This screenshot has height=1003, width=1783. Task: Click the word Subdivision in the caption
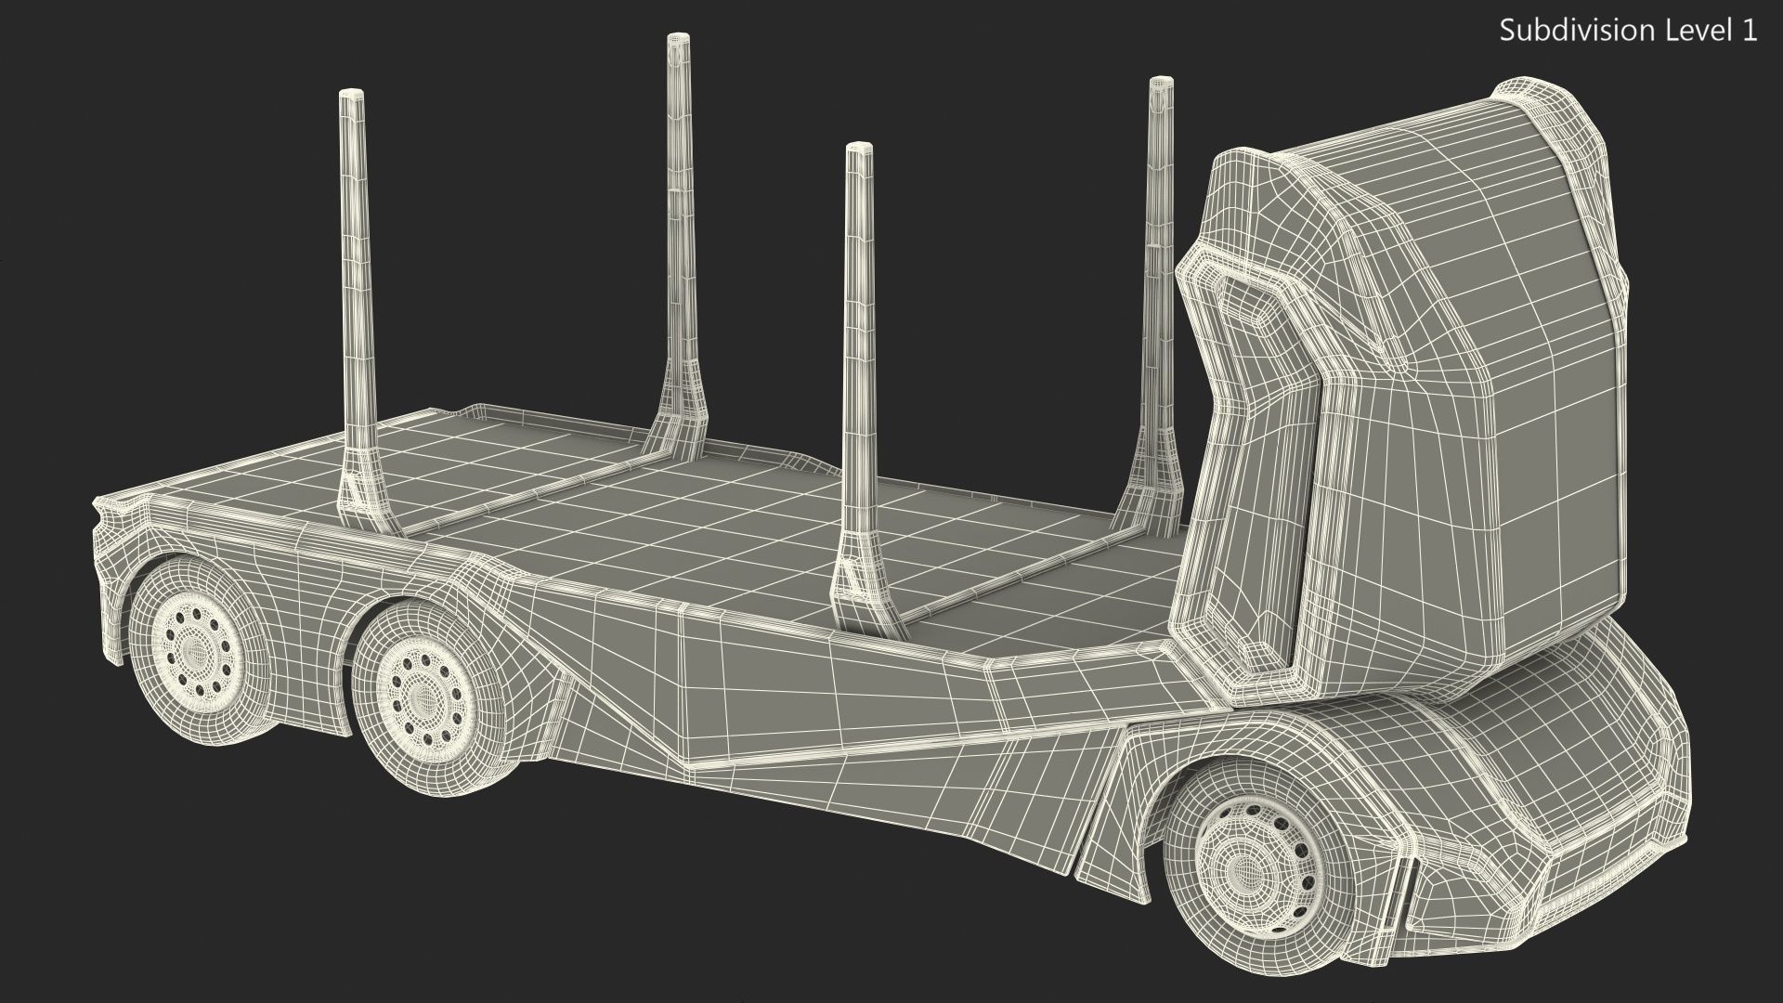[x=1568, y=31]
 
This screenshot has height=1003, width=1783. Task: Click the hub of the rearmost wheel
[x=196, y=651]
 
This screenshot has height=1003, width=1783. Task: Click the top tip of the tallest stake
[x=678, y=39]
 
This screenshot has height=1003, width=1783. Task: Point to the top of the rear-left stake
[x=352, y=95]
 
